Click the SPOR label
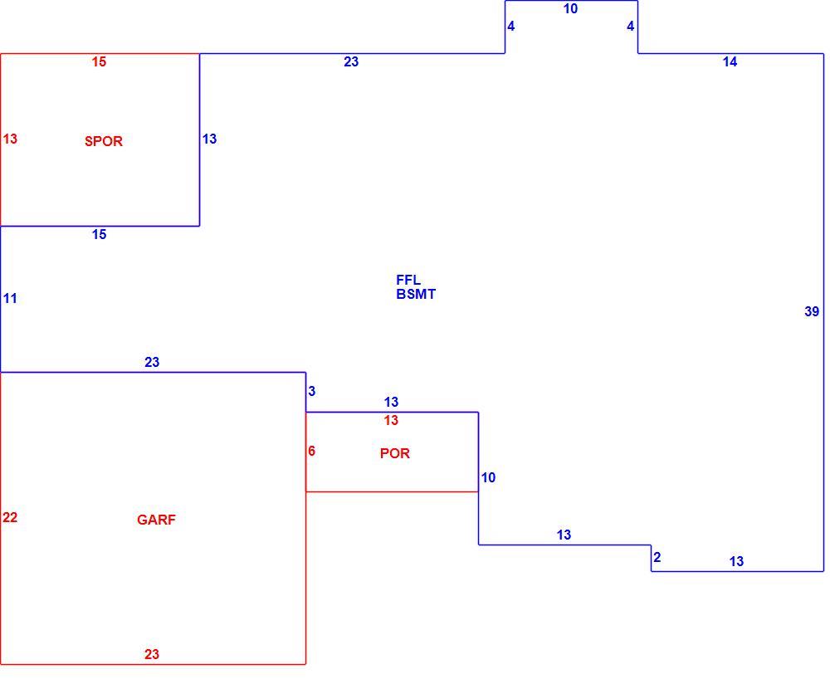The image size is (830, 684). click(x=104, y=141)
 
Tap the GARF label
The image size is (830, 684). click(x=156, y=520)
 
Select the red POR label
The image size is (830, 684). click(x=395, y=454)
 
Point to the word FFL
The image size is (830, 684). click(x=408, y=280)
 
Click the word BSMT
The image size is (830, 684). click(x=416, y=295)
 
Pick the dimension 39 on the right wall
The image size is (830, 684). click(x=812, y=312)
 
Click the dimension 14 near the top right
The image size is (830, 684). click(x=730, y=62)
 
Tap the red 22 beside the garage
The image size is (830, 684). click(x=10, y=518)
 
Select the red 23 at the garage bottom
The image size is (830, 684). click(x=152, y=655)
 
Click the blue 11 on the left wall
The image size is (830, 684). click(x=10, y=299)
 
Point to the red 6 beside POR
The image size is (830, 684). click(x=312, y=451)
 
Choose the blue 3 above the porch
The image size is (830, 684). click(x=312, y=391)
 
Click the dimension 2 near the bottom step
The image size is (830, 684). click(x=657, y=558)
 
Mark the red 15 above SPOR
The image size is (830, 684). click(x=99, y=62)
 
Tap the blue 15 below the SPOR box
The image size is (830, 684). click(x=99, y=235)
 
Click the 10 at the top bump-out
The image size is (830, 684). click(x=571, y=9)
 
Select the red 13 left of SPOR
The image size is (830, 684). click(x=10, y=139)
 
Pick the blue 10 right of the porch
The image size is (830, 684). click(x=488, y=478)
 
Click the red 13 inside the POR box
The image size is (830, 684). click(x=391, y=421)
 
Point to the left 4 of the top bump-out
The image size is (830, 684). click(x=510, y=27)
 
